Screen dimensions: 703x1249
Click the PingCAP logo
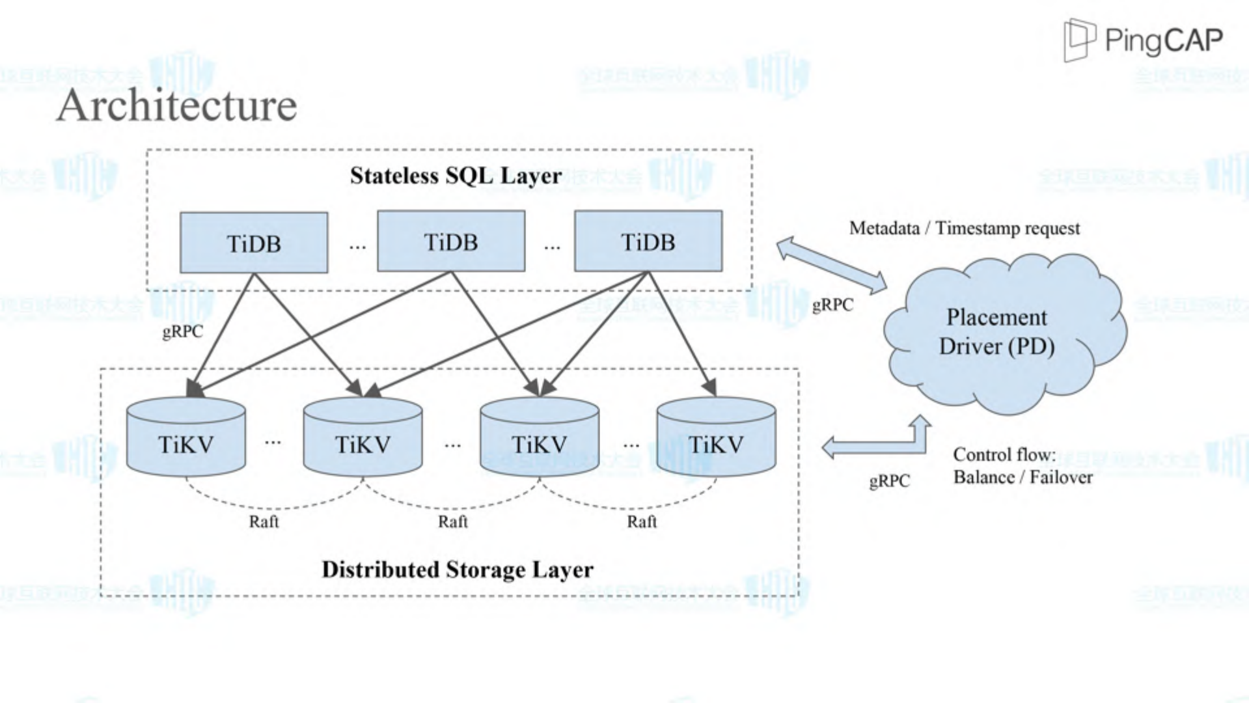point(1143,40)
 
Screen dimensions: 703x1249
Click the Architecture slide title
point(177,105)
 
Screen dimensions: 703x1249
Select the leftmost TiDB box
point(254,243)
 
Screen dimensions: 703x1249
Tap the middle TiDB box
point(451,241)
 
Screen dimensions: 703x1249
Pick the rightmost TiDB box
point(648,241)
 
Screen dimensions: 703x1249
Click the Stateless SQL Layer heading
point(456,176)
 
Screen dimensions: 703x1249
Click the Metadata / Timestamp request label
point(964,228)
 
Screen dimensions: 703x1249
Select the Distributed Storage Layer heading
point(458,570)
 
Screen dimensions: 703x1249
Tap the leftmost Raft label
point(264,522)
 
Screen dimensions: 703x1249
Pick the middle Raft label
point(453,522)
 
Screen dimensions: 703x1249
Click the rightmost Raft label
point(642,522)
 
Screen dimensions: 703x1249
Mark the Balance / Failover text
point(1023,478)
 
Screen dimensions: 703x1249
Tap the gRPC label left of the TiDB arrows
point(182,332)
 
